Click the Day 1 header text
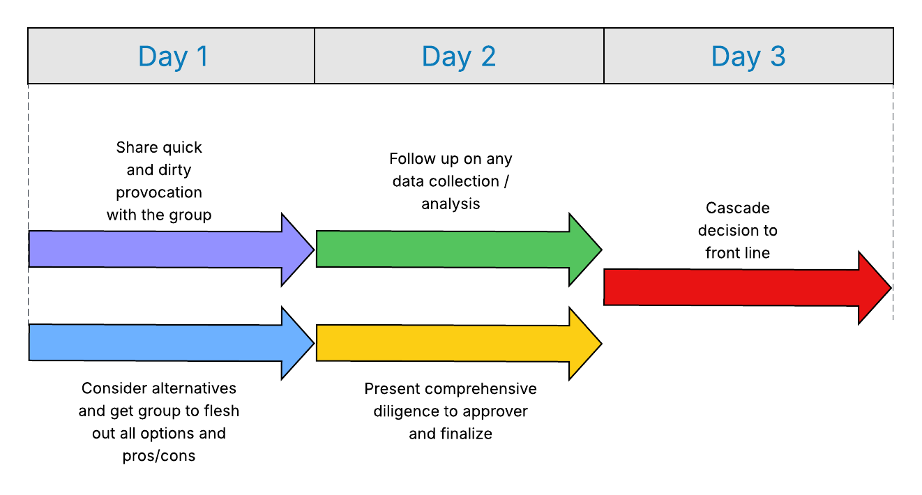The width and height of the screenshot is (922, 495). point(173,56)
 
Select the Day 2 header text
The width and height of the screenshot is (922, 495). point(458,56)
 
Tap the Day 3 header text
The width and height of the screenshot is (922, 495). point(748,56)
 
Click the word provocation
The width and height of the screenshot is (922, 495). point(159,192)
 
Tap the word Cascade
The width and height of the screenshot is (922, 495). point(737,208)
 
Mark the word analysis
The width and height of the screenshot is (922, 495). point(451,204)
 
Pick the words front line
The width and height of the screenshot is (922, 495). point(737,252)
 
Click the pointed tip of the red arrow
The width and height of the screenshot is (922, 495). point(890,288)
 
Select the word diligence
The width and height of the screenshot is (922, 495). point(407,411)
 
